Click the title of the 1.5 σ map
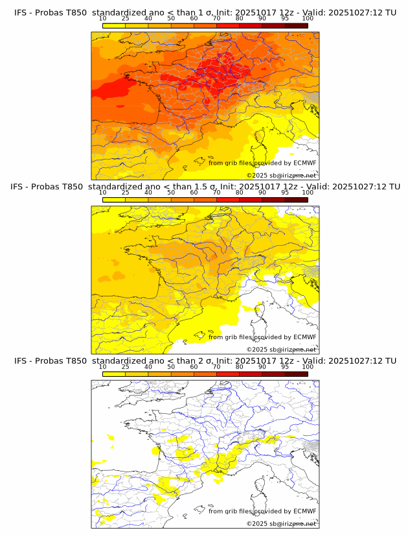pyautogui.click(x=204, y=187)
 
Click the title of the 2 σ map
pyautogui.click(x=204, y=361)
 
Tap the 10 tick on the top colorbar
pyautogui.click(x=103, y=19)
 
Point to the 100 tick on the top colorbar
pyautogui.click(x=308, y=19)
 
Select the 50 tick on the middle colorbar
pyautogui.click(x=171, y=193)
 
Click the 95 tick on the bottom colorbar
pyautogui.click(x=285, y=366)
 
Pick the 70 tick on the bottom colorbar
pyautogui.click(x=216, y=366)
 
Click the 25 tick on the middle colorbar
pyautogui.click(x=126, y=193)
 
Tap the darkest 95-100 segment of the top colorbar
pyautogui.click(x=296, y=25)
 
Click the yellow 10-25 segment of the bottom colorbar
pyautogui.click(x=114, y=374)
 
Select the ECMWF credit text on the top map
pyautogui.click(x=262, y=163)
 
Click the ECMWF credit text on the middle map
pyautogui.click(x=262, y=337)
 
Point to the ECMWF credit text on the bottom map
pyautogui.click(x=262, y=511)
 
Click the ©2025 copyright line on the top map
pyautogui.click(x=282, y=176)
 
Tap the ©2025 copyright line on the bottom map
pyautogui.click(x=282, y=523)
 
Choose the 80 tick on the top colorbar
pyautogui.click(x=240, y=19)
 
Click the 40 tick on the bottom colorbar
pyautogui.click(x=148, y=366)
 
